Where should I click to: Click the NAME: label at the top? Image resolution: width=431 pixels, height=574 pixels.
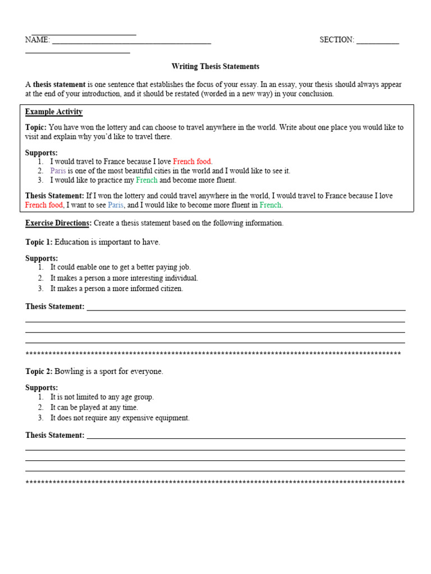point(37,40)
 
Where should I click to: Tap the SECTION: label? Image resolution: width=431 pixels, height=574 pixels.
point(337,40)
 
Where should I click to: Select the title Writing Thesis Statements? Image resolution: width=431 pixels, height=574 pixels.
point(215,67)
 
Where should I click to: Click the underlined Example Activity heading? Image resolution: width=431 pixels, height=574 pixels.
point(54,112)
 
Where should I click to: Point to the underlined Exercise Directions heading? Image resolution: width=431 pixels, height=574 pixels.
point(57,223)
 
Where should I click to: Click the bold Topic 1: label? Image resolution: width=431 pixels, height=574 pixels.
point(39,242)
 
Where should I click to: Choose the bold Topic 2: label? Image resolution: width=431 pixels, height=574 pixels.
point(39,372)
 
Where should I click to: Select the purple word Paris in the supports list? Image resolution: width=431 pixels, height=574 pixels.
point(58,171)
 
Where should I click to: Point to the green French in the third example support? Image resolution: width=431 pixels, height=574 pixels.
point(146,180)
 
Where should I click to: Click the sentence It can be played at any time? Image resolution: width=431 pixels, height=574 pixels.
point(94,408)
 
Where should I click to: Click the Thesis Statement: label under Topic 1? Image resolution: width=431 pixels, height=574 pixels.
point(54,307)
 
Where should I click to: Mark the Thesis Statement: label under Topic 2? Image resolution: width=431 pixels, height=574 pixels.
point(54,436)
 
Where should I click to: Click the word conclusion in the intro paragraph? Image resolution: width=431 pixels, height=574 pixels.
point(315,94)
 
